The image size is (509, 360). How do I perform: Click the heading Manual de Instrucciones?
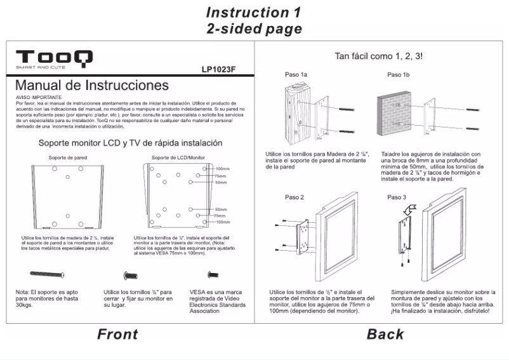tap(92, 85)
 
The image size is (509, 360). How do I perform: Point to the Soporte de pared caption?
tap(68, 156)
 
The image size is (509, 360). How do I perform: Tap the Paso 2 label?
tap(294, 197)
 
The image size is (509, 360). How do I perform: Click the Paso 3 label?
tap(397, 197)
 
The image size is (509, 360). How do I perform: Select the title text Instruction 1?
tap(254, 13)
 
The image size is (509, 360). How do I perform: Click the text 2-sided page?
tap(254, 29)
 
